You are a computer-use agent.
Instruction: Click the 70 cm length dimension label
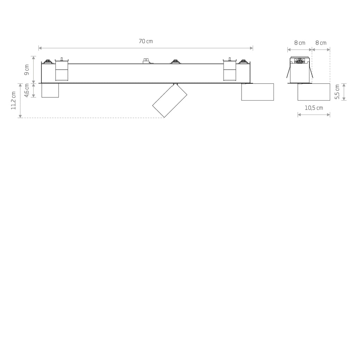146,41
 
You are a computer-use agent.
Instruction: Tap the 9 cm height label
27,70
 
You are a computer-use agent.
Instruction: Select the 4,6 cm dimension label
27,90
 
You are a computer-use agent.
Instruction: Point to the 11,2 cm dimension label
13,100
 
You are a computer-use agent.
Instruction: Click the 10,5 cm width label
314,108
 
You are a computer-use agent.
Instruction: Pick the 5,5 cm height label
337,92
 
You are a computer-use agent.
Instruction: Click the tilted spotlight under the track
170,100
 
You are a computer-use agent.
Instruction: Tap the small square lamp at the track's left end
50,90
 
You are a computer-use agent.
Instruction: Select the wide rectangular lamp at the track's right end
257,92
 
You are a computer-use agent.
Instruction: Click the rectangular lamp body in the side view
314,92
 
